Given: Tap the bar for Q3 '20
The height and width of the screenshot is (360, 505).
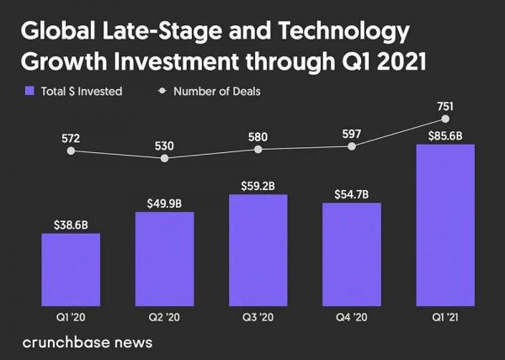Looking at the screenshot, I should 258,249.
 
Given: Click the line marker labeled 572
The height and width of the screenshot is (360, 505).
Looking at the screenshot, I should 71,151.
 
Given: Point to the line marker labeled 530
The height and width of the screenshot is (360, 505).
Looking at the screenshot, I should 165,158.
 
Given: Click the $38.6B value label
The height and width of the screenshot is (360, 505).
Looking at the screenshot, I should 71,225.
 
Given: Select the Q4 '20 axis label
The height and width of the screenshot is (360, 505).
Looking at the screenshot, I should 352,317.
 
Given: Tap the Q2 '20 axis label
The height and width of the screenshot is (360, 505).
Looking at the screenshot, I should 164,317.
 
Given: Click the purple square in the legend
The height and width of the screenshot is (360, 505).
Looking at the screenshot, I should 29,91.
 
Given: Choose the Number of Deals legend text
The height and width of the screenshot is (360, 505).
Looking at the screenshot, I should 216,91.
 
